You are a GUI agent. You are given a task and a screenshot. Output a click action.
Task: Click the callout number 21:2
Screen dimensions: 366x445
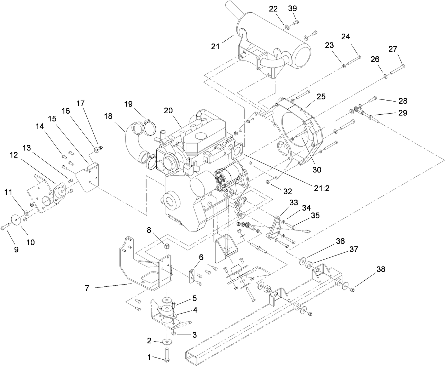[x=321, y=188]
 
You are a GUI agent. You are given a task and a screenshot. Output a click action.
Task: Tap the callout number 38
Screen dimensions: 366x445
[x=381, y=270]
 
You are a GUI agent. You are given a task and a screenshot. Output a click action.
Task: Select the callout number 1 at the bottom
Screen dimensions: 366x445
[x=150, y=358]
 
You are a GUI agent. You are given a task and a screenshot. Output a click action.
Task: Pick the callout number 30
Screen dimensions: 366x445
[x=317, y=170]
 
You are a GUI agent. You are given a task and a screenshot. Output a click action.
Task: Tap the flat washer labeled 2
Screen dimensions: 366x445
[x=166, y=342]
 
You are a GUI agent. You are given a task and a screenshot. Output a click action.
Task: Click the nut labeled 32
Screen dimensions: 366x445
[x=268, y=182]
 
